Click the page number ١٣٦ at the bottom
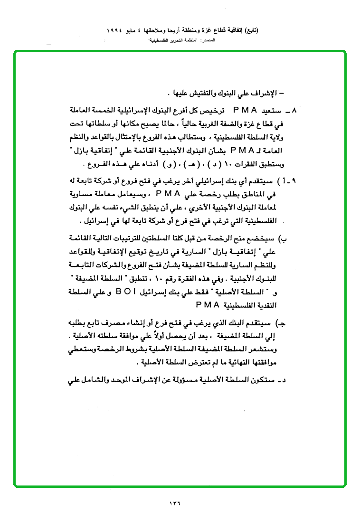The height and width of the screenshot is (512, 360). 175,502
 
